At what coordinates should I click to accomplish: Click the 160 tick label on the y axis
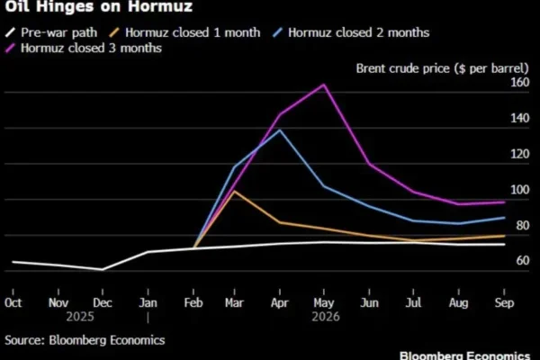pyautogui.click(x=520, y=83)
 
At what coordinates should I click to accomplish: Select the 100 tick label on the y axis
pyautogui.click(x=520, y=190)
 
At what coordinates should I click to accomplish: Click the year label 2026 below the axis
pyautogui.click(x=324, y=317)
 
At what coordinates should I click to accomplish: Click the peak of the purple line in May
pyautogui.click(x=324, y=85)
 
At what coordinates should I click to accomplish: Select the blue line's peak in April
pyautogui.click(x=280, y=130)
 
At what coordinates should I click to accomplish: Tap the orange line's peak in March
pyautogui.click(x=235, y=191)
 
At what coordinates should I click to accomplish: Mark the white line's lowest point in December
pyautogui.click(x=103, y=269)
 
